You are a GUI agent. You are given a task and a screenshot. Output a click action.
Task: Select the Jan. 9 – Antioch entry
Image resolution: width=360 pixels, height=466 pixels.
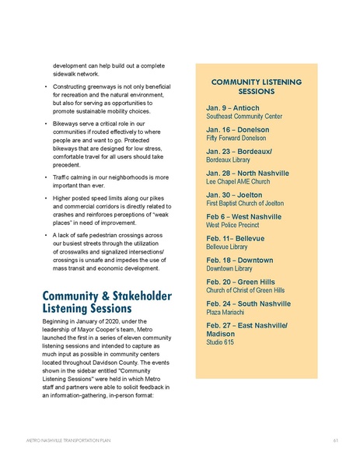[x=234, y=106]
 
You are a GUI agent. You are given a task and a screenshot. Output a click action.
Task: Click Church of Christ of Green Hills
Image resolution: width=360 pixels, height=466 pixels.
[x=245, y=289]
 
